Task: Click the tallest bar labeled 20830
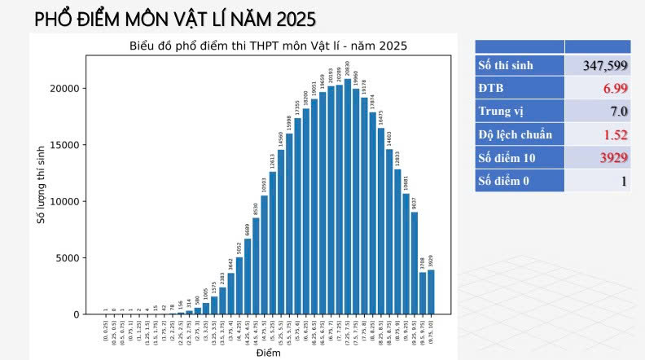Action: tap(348, 196)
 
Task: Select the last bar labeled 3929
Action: tap(431, 292)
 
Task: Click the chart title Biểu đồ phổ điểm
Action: tap(268, 46)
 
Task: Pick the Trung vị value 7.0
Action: tap(618, 111)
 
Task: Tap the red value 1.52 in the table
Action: tap(615, 134)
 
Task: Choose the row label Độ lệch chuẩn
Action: tap(515, 134)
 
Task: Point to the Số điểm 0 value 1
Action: tap(624, 181)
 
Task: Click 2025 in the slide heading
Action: tap(287, 18)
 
